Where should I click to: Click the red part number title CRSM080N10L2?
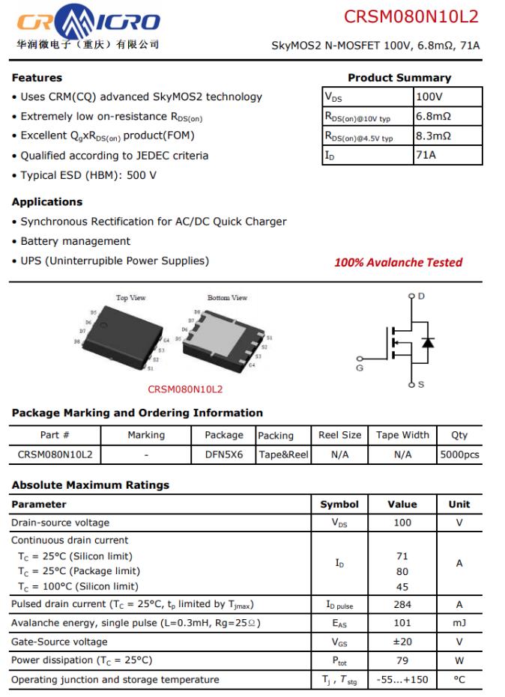(x=411, y=16)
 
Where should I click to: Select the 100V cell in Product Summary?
(x=429, y=97)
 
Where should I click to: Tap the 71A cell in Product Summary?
(x=426, y=155)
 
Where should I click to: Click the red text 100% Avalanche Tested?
(x=398, y=262)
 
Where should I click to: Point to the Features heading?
(x=37, y=78)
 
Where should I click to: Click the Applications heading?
(x=47, y=202)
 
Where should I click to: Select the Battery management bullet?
(x=75, y=241)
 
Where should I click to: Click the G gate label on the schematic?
(x=360, y=368)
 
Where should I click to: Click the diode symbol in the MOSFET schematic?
(x=428, y=342)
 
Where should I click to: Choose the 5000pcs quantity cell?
(x=459, y=454)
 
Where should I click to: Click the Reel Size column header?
(x=339, y=435)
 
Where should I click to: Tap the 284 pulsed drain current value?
(x=402, y=604)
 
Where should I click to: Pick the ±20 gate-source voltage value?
(x=402, y=642)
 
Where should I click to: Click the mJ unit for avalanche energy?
(x=459, y=623)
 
